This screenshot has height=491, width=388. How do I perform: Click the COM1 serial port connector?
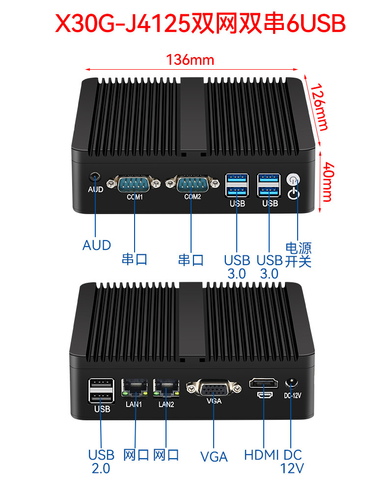[134, 184]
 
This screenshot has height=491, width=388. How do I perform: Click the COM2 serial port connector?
[192, 184]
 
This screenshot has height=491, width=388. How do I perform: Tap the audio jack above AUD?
[95, 177]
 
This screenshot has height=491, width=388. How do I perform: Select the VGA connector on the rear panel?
[214, 388]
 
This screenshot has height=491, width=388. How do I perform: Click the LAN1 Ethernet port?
[135, 388]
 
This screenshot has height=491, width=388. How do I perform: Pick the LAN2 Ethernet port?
[166, 388]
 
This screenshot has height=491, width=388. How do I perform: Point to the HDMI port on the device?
[264, 383]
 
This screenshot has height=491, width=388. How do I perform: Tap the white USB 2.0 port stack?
[101, 391]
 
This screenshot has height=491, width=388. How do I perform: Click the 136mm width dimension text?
[190, 60]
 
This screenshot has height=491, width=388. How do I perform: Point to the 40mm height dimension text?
[328, 182]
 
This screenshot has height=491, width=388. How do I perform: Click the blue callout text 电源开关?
[298, 255]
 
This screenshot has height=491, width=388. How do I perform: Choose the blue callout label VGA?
[214, 457]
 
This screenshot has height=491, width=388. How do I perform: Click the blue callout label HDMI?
[261, 455]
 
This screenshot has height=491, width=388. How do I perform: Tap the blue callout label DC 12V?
[292, 462]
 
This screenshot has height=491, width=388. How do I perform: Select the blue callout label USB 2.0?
[101, 462]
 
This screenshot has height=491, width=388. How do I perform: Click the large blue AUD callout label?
[97, 245]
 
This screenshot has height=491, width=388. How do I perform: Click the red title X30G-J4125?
[123, 24]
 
